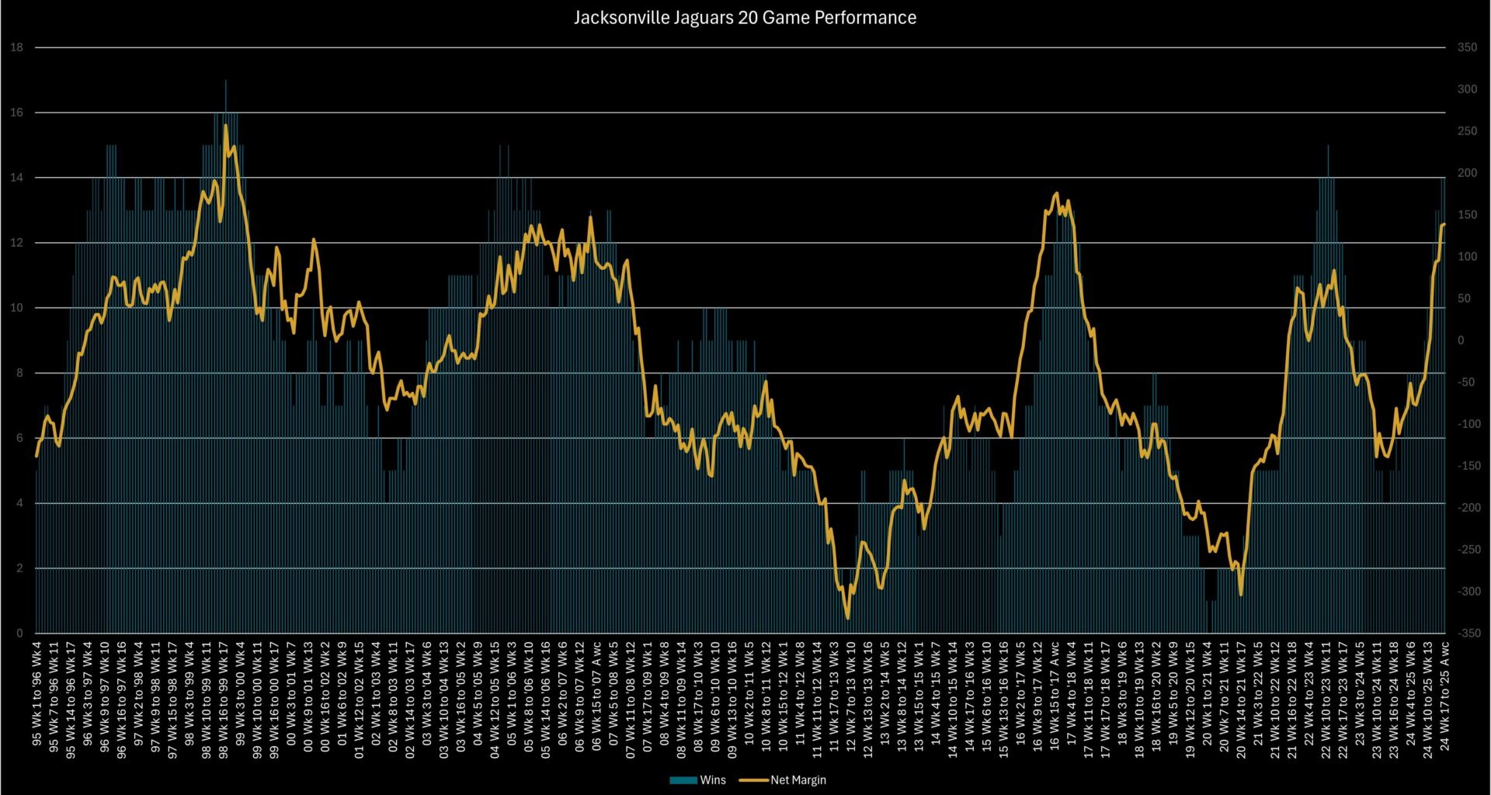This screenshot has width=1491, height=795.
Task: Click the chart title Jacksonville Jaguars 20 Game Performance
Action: click(x=745, y=18)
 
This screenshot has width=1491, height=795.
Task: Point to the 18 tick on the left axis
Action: click(x=17, y=47)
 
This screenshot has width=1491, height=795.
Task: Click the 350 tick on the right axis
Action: click(x=1467, y=47)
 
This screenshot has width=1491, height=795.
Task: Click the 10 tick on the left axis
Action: click(x=17, y=308)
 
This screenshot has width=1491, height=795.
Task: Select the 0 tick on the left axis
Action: click(x=19, y=634)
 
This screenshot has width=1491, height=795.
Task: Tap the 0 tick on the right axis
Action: click(x=1461, y=341)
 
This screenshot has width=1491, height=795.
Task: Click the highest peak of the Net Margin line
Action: click(x=225, y=125)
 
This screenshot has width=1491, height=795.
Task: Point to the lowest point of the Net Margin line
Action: click(x=847, y=618)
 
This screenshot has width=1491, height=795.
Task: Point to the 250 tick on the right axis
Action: click(x=1467, y=131)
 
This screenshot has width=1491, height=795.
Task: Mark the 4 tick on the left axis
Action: click(x=19, y=503)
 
